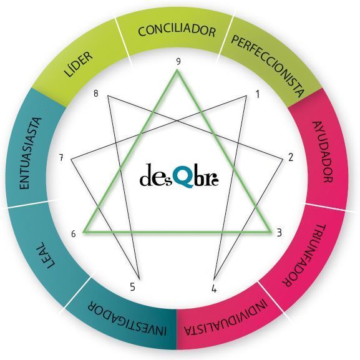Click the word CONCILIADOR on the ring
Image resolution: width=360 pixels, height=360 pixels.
[x=177, y=31]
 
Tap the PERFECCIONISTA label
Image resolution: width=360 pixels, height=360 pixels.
[x=268, y=66]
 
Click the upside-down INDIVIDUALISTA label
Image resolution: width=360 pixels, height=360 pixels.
[x=226, y=318]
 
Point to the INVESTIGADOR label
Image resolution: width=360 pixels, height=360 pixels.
[x=127, y=318]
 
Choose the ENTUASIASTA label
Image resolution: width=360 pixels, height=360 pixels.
[x=31, y=153]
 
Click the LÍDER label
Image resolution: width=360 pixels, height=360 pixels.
[x=78, y=64]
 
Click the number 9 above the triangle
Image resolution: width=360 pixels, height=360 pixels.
[x=178, y=62]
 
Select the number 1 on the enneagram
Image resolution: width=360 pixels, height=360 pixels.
[x=258, y=94]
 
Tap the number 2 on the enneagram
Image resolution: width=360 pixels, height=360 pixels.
[x=291, y=157]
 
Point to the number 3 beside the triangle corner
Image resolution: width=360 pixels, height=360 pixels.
[x=279, y=233]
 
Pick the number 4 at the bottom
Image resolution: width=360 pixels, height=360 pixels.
[x=214, y=289]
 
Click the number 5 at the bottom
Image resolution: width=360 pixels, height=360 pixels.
[x=132, y=287]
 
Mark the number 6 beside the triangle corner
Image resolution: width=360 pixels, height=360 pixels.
[x=74, y=234]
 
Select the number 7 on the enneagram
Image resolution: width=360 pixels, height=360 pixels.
[x=61, y=158]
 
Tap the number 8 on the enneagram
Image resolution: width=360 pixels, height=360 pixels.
[x=95, y=94]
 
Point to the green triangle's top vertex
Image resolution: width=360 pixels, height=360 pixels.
[x=177, y=71]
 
